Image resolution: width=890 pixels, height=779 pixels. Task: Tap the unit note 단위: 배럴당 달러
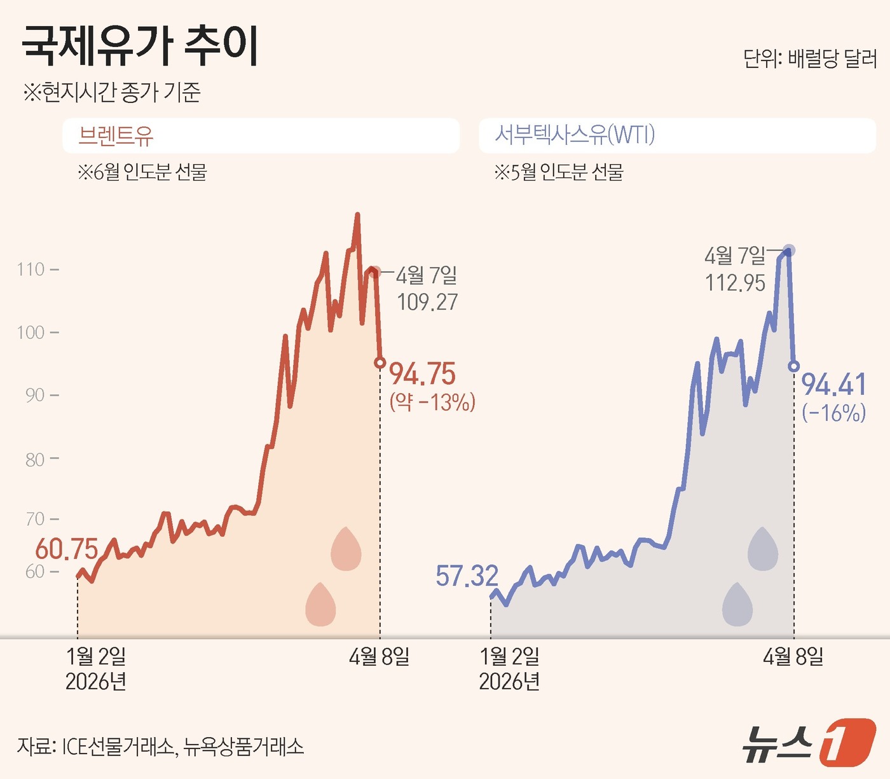tap(810, 59)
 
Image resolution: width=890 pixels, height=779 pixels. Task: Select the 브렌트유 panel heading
tap(116, 135)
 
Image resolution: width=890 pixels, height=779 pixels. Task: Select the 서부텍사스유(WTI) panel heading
tap(575, 135)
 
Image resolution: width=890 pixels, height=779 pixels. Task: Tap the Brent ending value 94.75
tap(422, 374)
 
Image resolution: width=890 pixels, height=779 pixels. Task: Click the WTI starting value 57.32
tap(467, 576)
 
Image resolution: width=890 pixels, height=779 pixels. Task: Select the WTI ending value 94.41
tap(833, 385)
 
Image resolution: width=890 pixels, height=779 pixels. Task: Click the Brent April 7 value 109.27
tap(427, 302)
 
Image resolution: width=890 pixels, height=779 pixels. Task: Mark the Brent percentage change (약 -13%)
tap(432, 402)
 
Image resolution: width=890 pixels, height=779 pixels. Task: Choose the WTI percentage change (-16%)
tap(833, 413)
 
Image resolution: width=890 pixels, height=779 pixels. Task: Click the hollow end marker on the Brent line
tap(380, 362)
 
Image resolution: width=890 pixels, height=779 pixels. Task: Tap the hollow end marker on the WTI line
tap(793, 366)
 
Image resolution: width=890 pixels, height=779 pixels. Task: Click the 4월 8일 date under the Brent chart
tap(379, 656)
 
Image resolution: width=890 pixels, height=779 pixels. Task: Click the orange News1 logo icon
tap(847, 742)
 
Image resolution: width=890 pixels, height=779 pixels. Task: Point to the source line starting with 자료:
tap(160, 746)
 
